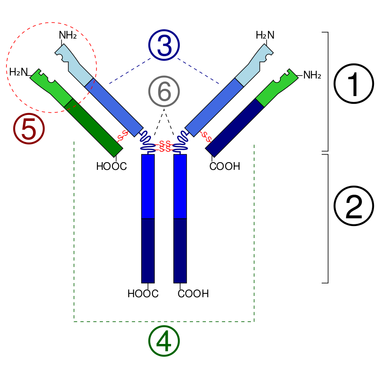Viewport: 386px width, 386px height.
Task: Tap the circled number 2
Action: (x=354, y=206)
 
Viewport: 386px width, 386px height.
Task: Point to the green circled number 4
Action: (x=164, y=341)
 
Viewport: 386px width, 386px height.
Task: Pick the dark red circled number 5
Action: (x=29, y=129)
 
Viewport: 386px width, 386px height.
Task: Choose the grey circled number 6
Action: (x=164, y=91)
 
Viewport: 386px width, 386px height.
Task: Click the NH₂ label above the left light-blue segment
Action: (x=68, y=35)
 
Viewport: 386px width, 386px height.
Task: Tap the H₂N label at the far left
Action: (x=18, y=72)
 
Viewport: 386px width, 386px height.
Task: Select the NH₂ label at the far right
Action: (x=312, y=75)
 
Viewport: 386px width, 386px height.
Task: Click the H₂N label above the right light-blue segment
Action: (x=265, y=35)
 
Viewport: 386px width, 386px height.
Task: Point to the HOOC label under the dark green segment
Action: (x=112, y=166)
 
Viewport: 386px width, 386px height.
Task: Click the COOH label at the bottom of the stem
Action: (x=193, y=294)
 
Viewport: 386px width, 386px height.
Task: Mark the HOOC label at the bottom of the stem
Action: (x=143, y=294)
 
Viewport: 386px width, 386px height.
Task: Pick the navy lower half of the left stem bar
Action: (x=148, y=251)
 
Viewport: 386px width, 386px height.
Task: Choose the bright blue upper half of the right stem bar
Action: (x=180, y=187)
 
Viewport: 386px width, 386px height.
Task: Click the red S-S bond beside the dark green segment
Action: (x=123, y=136)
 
